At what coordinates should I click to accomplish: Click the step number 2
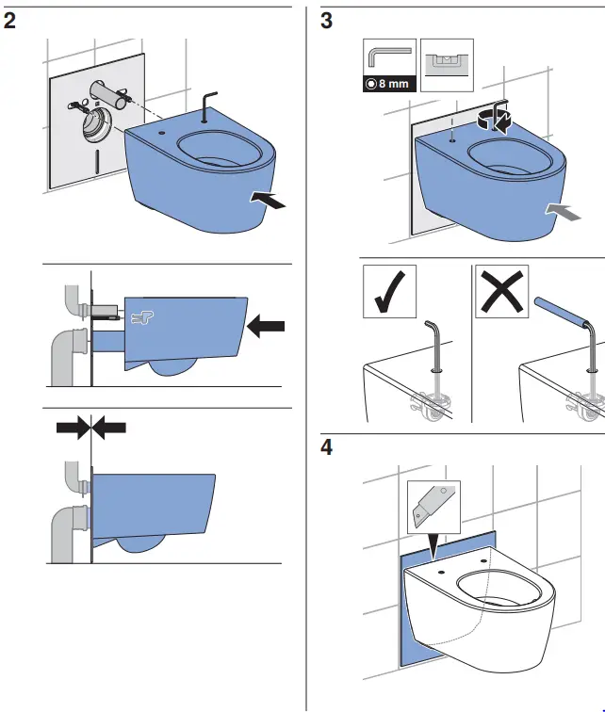click(x=10, y=20)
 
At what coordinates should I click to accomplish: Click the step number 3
click(x=327, y=20)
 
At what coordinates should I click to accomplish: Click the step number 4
click(x=327, y=446)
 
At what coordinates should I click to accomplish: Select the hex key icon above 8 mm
click(x=387, y=57)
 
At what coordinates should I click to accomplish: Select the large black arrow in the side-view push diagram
click(x=265, y=326)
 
